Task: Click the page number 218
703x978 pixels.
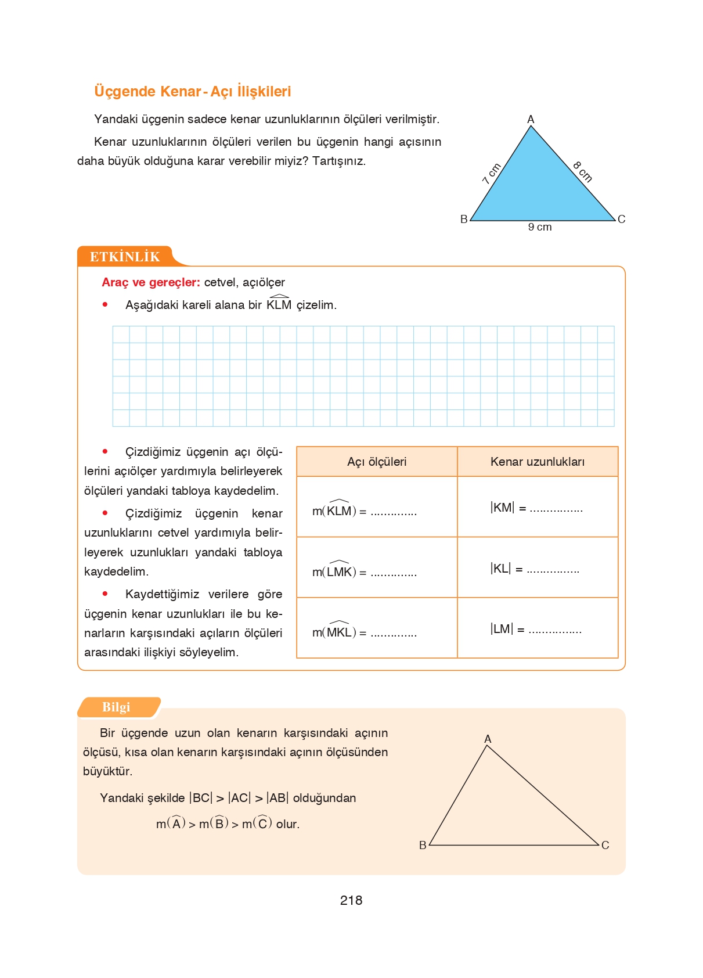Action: click(x=351, y=900)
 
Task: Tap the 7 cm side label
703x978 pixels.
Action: click(x=491, y=174)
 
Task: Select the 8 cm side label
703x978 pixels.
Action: click(x=582, y=172)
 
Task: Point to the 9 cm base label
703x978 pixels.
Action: click(x=539, y=227)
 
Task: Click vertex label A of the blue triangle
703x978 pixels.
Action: click(x=530, y=119)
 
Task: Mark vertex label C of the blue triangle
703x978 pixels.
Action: click(x=621, y=219)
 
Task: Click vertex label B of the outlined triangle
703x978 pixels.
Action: click(x=423, y=845)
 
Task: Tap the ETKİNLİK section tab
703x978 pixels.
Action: click(x=125, y=257)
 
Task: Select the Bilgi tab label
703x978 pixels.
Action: click(x=116, y=707)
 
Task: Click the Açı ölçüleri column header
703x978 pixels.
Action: click(x=376, y=462)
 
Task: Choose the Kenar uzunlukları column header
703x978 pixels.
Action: click(x=537, y=462)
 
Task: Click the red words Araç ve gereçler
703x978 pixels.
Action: click(x=151, y=282)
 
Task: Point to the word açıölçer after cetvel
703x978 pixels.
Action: click(x=264, y=282)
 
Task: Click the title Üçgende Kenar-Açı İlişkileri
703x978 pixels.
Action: click(x=192, y=91)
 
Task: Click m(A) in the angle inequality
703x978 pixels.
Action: click(x=171, y=824)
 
